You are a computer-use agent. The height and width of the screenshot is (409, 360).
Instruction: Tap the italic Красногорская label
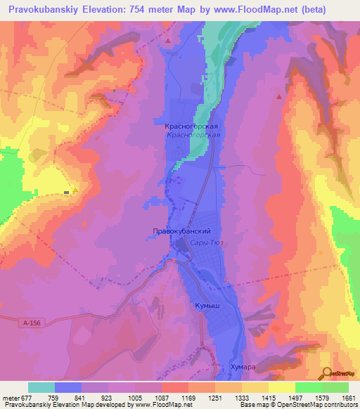(x=194, y=135)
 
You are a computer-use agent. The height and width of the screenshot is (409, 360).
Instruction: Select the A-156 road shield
(x=29, y=321)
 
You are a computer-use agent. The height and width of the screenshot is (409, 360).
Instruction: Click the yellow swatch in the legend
(x=282, y=387)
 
